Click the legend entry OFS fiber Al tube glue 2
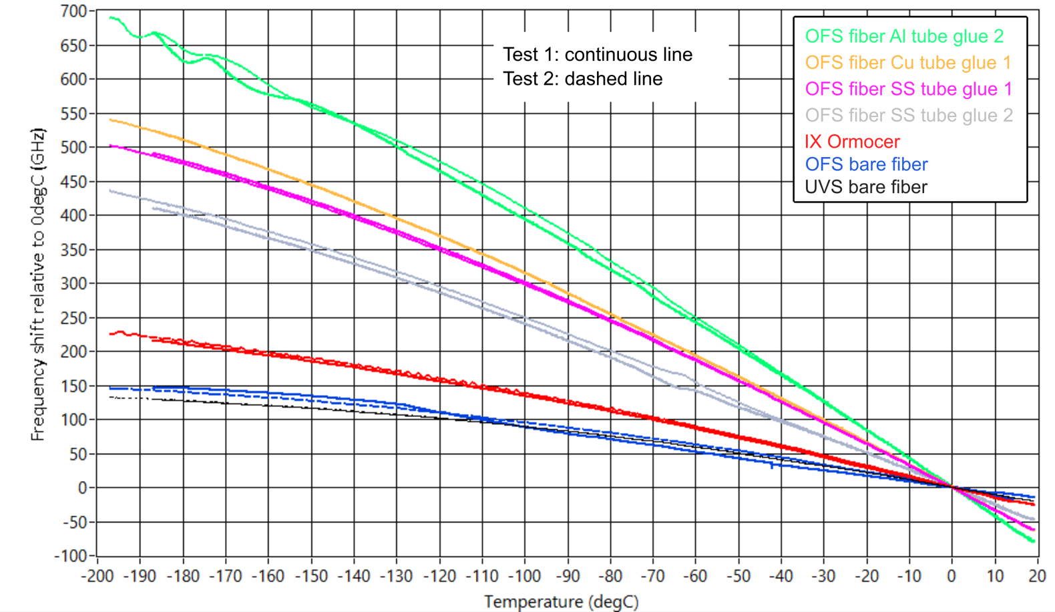click(904, 36)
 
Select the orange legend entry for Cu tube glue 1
click(907, 63)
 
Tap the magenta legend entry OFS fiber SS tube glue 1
click(908, 89)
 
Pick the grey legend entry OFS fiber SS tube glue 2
click(908, 116)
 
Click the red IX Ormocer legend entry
click(852, 142)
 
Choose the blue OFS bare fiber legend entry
click(866, 164)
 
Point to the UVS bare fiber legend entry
click(865, 187)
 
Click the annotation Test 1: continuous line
click(597, 55)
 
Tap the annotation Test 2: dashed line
click(582, 79)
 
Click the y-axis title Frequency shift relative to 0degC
click(38, 284)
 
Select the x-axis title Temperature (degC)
click(561, 602)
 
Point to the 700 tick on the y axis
click(73, 11)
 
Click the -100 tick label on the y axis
click(71, 556)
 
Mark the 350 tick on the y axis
click(73, 250)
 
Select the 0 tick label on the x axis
click(952, 576)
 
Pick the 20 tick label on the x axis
click(1036, 576)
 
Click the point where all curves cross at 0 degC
click(952, 487)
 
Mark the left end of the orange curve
click(110, 120)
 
